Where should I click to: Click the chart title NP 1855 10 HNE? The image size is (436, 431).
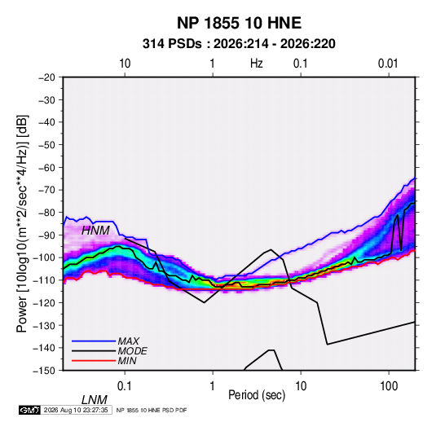pos(239,23)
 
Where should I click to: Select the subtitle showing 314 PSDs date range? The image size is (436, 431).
pos(239,44)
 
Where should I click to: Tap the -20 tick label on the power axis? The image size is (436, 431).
pos(46,77)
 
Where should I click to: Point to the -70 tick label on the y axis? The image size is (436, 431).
pos(46,190)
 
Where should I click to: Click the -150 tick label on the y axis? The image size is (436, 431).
pos(44,371)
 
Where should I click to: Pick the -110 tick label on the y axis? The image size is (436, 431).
pos(44,280)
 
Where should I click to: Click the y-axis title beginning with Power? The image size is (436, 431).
pos(22,223)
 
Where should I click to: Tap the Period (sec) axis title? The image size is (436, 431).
pos(257,394)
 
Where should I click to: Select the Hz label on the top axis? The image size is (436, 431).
pos(257,64)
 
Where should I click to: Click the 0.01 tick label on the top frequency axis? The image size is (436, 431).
pos(388,64)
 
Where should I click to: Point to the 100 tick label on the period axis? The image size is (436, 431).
pos(389,386)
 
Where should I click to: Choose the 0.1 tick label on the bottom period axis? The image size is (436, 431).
pos(124,386)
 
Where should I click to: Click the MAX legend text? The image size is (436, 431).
pos(128,341)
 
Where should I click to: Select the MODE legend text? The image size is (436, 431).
pos(132,351)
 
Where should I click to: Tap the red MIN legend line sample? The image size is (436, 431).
pos(94,361)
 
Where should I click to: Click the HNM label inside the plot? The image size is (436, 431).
pos(95,231)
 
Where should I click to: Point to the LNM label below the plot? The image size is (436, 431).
pos(94,400)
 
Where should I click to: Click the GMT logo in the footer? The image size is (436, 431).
pos(29,410)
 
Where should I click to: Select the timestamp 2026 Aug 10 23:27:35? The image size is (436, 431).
pos(76,410)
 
